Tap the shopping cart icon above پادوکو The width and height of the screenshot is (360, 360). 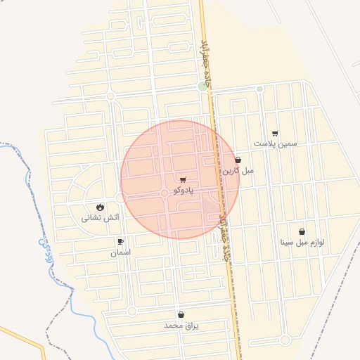(184, 180)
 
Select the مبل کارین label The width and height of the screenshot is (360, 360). (238, 170)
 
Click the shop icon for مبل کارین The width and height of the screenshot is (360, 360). (238, 160)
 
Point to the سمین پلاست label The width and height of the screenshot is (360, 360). (276, 143)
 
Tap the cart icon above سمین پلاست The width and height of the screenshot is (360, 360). (275, 134)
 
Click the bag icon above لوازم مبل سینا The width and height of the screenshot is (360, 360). (302, 231)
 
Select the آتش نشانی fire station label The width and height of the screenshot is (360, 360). (101, 217)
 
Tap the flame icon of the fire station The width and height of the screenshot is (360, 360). (101, 207)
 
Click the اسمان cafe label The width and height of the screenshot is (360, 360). (120, 251)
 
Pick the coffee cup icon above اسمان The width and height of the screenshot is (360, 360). (120, 242)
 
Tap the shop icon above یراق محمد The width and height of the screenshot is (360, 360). (182, 315)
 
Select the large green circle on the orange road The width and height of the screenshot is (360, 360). (203, 86)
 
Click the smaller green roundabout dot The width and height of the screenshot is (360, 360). (259, 89)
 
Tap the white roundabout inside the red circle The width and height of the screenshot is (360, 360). (165, 193)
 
